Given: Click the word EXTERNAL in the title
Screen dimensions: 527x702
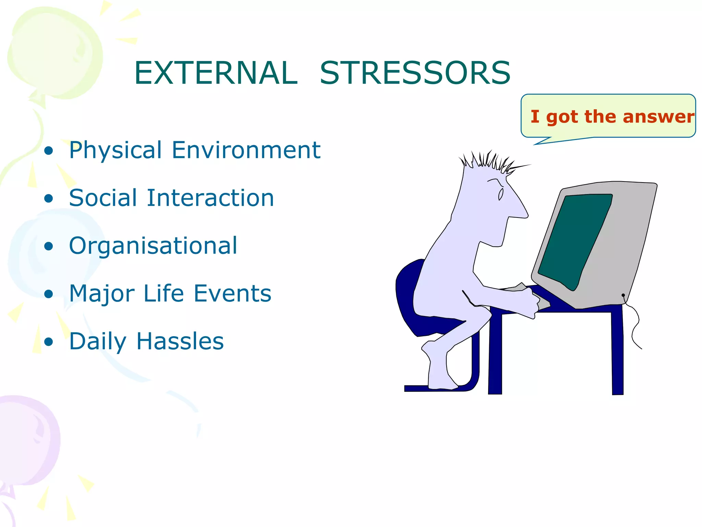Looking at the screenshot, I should tap(216, 73).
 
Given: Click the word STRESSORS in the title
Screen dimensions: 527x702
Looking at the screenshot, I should tap(415, 73).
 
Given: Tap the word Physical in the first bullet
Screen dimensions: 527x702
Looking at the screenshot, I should tap(115, 150).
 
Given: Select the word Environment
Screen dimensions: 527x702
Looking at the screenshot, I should tap(246, 150).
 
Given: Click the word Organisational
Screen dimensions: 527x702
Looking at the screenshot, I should tap(153, 246).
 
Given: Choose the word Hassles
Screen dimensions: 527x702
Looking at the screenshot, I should tap(180, 341).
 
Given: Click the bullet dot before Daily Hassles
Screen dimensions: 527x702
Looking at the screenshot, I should tap(49, 342).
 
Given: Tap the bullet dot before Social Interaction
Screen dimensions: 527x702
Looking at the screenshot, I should tap(49, 199).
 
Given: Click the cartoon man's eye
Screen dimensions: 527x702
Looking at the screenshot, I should tap(501, 194).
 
